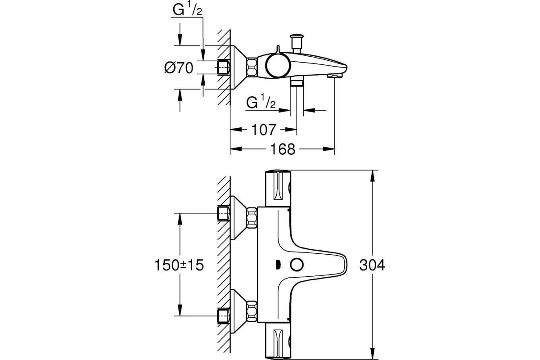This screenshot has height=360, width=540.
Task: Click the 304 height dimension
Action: [x=372, y=265]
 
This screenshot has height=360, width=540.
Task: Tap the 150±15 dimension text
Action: [x=179, y=265]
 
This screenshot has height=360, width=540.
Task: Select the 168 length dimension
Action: [x=283, y=149]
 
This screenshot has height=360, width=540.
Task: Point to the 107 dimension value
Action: [x=264, y=130]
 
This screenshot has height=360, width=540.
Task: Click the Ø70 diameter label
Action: [x=179, y=68]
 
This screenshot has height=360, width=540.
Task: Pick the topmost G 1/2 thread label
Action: [x=187, y=10]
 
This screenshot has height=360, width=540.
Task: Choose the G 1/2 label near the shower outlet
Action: [x=261, y=103]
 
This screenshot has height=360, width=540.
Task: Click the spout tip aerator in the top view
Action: [x=335, y=76]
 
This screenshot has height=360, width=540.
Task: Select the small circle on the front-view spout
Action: [x=297, y=265]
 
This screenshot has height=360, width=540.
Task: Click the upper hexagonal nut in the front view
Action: [x=252, y=218]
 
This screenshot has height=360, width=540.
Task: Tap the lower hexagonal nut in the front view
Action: [x=252, y=311]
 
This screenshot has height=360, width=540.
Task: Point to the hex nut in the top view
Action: [x=252, y=67]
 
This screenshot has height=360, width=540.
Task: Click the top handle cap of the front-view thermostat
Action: [x=278, y=189]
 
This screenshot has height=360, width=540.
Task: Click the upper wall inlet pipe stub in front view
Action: [x=224, y=213]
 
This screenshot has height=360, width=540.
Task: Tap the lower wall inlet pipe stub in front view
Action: [x=224, y=315]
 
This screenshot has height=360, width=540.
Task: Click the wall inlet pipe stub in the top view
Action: [x=224, y=67]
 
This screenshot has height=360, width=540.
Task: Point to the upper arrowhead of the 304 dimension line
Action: [x=373, y=176]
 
